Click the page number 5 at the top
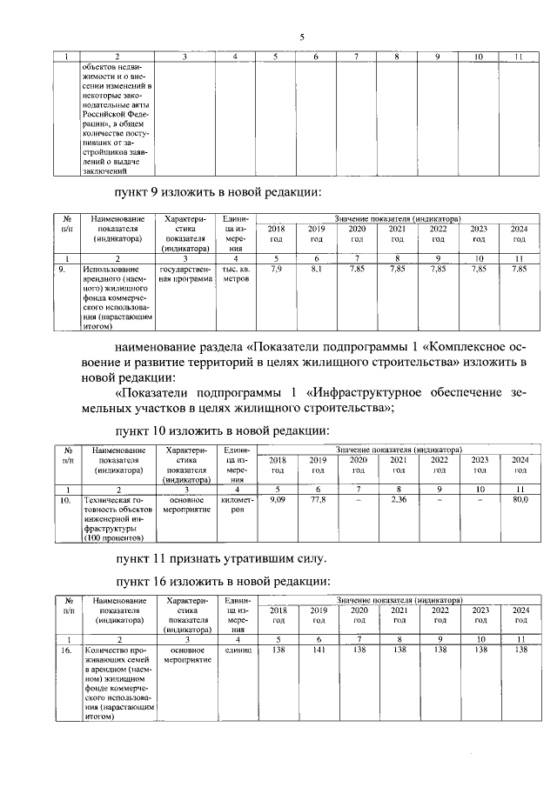tap(302, 37)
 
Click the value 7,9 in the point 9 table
tap(276, 270)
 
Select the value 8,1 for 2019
tap(316, 270)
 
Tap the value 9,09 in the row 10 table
tap(278, 500)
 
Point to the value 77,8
tap(318, 500)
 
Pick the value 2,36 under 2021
tap(399, 500)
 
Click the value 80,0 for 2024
tap(520, 500)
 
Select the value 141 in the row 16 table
tap(318, 650)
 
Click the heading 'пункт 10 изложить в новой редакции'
tap(223, 430)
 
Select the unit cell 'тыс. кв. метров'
tap(235, 276)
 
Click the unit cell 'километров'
tap(235, 505)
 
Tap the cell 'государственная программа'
tap(185, 276)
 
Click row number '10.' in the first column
tap(65, 500)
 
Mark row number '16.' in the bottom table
tap(66, 650)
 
